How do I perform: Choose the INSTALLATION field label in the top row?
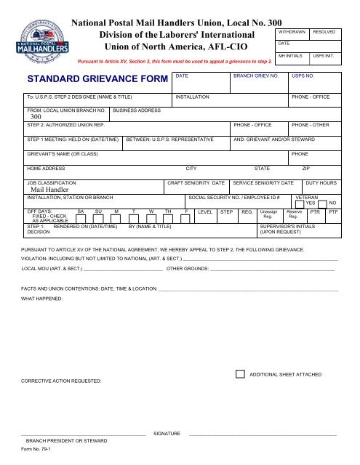click(193, 96)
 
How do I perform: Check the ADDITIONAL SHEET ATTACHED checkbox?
click(241, 373)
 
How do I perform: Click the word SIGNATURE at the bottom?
click(167, 433)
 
